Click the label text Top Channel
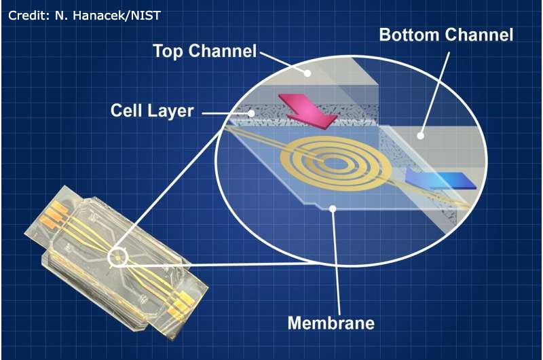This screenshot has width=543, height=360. (204, 51)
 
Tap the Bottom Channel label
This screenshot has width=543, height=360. (446, 35)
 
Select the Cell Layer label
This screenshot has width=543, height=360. (152, 110)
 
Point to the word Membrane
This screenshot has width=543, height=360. (331, 322)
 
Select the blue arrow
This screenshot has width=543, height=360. (441, 181)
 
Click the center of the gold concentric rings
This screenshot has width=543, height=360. (334, 162)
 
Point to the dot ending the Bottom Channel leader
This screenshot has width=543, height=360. (420, 135)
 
